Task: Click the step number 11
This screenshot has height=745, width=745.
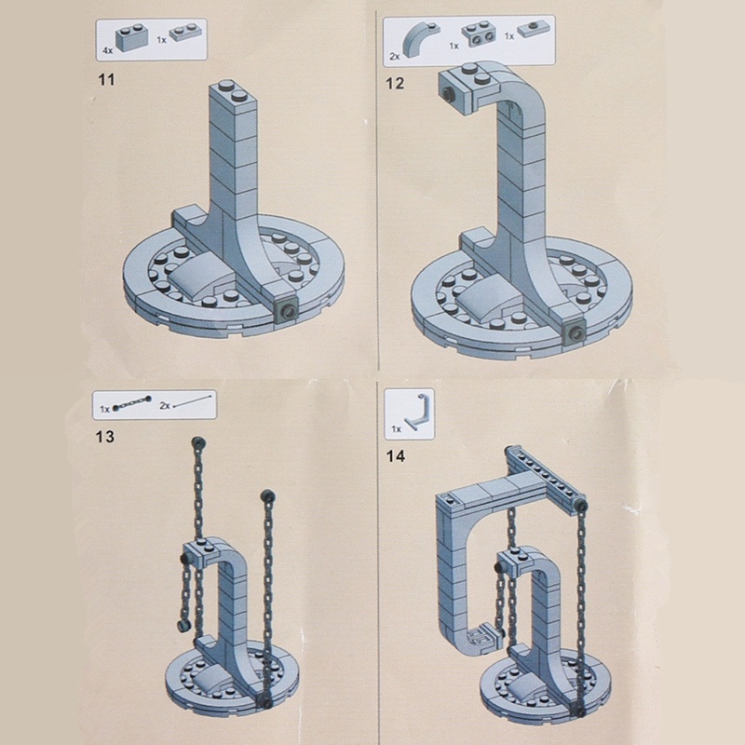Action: click(106, 79)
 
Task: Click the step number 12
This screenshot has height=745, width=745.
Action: click(395, 83)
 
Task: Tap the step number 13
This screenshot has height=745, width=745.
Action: click(105, 436)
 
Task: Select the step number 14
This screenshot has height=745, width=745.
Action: click(395, 456)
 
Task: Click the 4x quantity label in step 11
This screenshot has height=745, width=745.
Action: click(107, 50)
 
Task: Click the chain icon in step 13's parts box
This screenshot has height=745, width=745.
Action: click(132, 403)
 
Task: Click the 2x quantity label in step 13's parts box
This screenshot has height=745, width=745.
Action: click(165, 405)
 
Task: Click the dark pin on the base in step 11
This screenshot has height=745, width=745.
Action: click(288, 311)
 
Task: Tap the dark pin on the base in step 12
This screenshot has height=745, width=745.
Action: click(576, 334)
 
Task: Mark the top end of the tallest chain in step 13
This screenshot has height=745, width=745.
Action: click(197, 443)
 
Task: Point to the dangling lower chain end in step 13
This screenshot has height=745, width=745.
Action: click(183, 626)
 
